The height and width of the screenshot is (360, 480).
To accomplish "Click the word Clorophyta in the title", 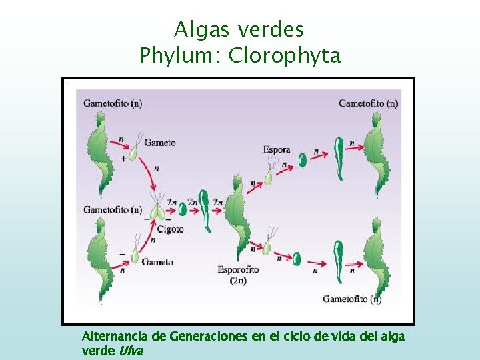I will pyautogui.click(x=285, y=55).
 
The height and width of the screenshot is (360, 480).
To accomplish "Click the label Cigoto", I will pyautogui.click(x=170, y=230).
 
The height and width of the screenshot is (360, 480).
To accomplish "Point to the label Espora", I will pyautogui.click(x=277, y=150).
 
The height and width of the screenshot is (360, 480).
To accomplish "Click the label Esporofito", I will pyautogui.click(x=238, y=270).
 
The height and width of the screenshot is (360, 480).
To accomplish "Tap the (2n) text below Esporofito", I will pyautogui.click(x=238, y=281).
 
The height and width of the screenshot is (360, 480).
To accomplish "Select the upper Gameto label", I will pyautogui.click(x=160, y=143).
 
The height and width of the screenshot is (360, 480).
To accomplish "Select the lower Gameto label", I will pyautogui.click(x=157, y=262).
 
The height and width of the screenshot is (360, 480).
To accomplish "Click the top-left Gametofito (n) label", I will pyautogui.click(x=113, y=103).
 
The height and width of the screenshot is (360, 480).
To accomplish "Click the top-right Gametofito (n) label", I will pyautogui.click(x=369, y=103).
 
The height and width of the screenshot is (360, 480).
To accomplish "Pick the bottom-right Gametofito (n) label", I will pyautogui.click(x=352, y=299).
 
